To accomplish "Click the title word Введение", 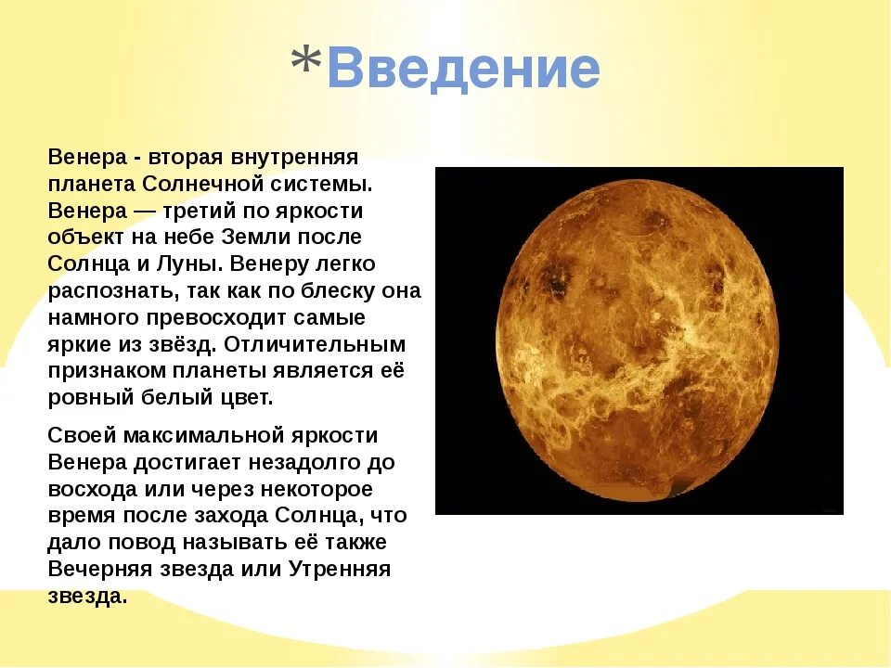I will (x=464, y=70).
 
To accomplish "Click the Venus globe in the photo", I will (x=639, y=340).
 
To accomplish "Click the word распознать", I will (x=100, y=290).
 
